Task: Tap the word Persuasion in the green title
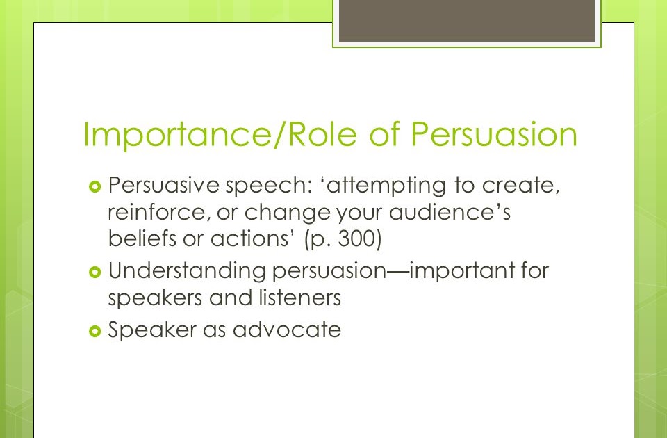click(494, 134)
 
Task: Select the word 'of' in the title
click(384, 134)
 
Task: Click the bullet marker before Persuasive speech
click(95, 186)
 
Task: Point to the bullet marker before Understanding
click(95, 272)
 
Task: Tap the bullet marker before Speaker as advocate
click(95, 331)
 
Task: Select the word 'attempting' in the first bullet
click(387, 186)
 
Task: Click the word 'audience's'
click(450, 211)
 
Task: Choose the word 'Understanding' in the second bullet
click(187, 271)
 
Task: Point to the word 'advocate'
click(287, 330)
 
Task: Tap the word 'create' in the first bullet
click(520, 186)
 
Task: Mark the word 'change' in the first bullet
click(288, 213)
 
